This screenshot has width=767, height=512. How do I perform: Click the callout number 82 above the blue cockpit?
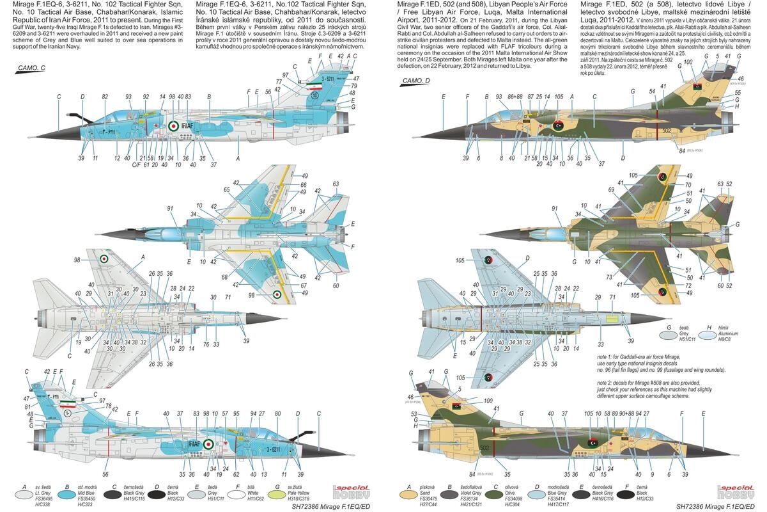(x=105, y=97)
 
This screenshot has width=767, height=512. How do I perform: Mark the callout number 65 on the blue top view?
(x=227, y=190)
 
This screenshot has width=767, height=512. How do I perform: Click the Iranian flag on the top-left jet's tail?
(x=314, y=84)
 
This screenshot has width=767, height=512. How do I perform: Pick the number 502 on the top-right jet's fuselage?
(x=666, y=130)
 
